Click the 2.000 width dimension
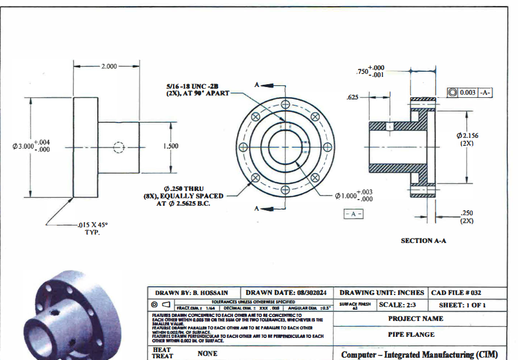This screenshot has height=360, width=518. click(x=109, y=66)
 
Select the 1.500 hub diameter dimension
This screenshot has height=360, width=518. click(x=171, y=146)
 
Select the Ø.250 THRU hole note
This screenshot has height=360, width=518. click(x=184, y=196)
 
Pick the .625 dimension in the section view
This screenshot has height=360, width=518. click(x=353, y=98)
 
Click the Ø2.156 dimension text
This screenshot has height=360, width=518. click(x=467, y=139)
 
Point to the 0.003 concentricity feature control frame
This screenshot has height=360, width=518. click(x=469, y=92)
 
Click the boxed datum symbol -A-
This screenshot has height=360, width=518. click(x=353, y=214)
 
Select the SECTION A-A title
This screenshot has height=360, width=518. click(x=424, y=241)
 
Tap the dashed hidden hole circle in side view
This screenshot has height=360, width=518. click(x=118, y=147)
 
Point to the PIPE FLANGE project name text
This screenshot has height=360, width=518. click(x=411, y=334)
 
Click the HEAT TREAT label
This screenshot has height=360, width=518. click(x=162, y=353)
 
